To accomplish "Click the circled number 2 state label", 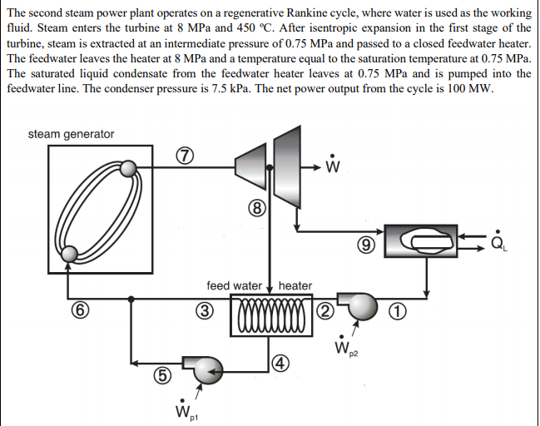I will click(324, 312).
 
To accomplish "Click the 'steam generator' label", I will click(71, 134).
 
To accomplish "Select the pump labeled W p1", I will click(203, 367).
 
